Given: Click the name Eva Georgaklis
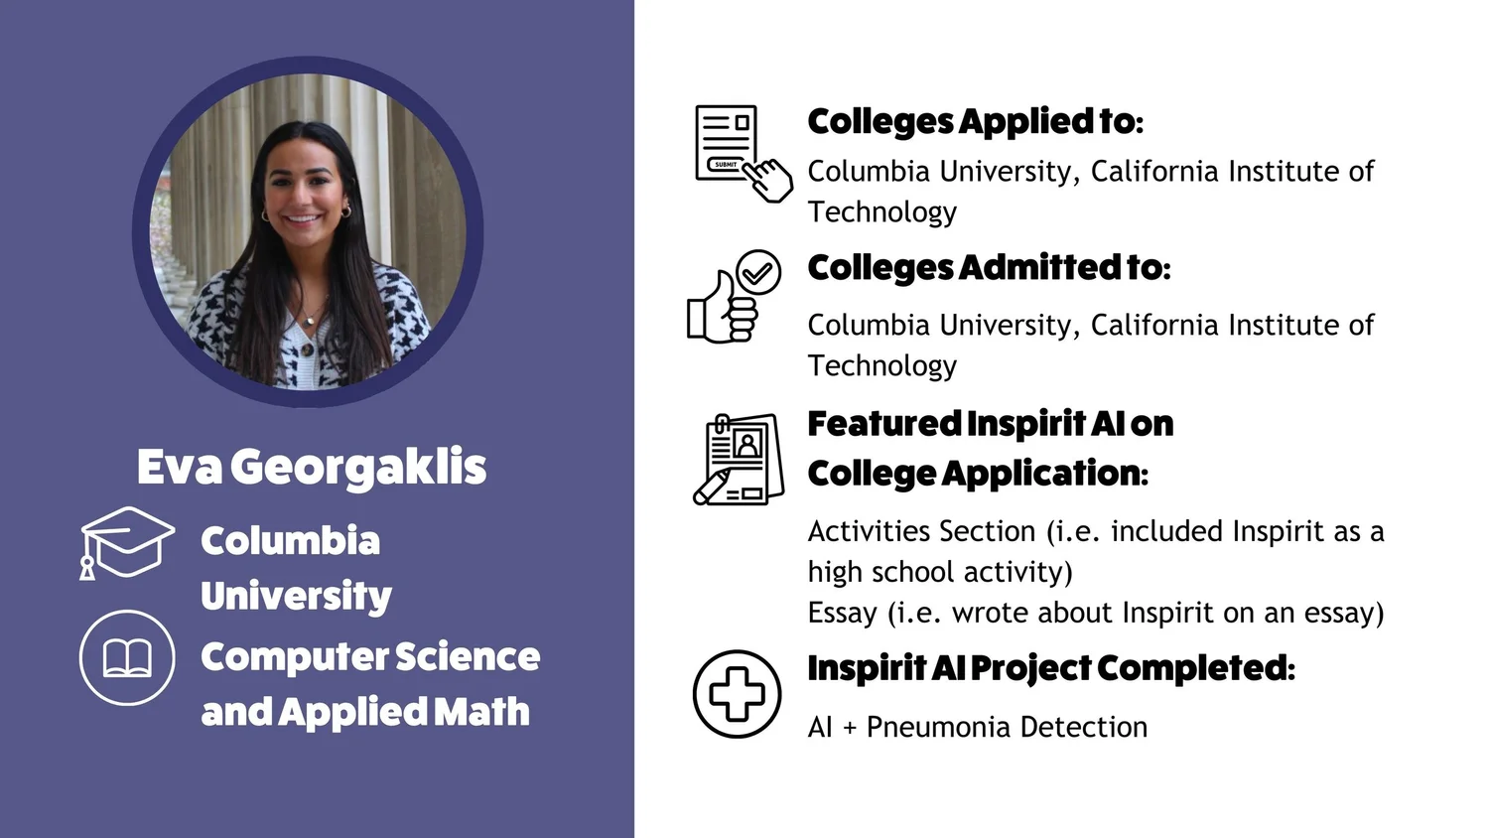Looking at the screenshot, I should pos(312,468).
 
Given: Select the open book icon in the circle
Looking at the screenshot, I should pos(127,657).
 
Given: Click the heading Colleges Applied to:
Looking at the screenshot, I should pos(975,122).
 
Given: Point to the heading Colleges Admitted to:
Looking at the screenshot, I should pos(989,268).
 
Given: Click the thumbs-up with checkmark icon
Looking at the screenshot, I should pos(735,297).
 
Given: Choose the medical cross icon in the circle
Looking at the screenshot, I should pos(737,694).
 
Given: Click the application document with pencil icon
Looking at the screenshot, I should pos(739,460).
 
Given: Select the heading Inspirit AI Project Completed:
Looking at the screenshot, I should pos(1051,668).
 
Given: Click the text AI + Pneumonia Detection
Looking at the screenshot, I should pos(977,727).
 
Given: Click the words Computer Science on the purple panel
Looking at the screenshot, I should pos(369,657).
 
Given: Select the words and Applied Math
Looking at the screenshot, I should pos(364,712).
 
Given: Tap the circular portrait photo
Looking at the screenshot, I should pos(308,231).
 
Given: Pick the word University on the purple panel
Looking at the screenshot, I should pos(296,596).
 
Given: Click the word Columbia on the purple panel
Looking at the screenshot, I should pos(290,541).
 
